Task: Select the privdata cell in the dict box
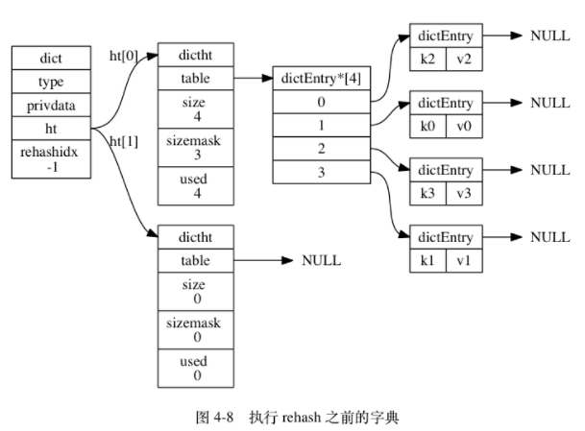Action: click(x=50, y=106)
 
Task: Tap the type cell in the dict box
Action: click(x=50, y=82)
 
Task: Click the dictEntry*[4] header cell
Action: click(x=322, y=77)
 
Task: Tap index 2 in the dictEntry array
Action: click(x=322, y=148)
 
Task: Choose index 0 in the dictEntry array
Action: click(x=322, y=101)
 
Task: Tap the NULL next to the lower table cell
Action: click(x=321, y=260)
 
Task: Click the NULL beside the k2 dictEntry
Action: click(x=550, y=36)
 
